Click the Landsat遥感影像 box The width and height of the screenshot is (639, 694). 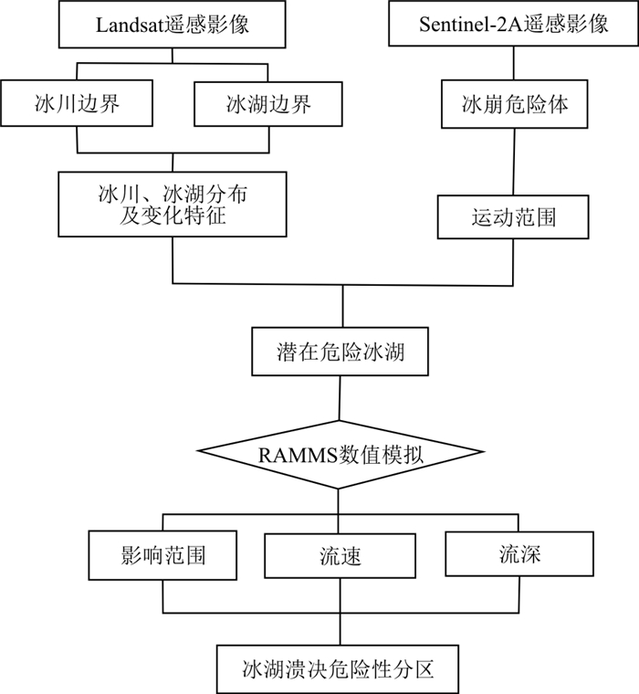(x=172, y=24)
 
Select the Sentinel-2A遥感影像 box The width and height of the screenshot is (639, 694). (x=514, y=24)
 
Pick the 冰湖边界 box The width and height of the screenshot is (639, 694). (x=268, y=104)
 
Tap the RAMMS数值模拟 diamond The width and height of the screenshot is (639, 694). (x=339, y=454)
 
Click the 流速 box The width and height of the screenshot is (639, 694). (x=340, y=555)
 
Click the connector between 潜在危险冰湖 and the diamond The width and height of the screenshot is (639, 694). (x=340, y=398)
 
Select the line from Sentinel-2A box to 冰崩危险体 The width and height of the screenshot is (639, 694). (x=514, y=63)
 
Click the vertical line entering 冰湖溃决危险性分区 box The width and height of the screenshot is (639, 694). (x=340, y=629)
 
